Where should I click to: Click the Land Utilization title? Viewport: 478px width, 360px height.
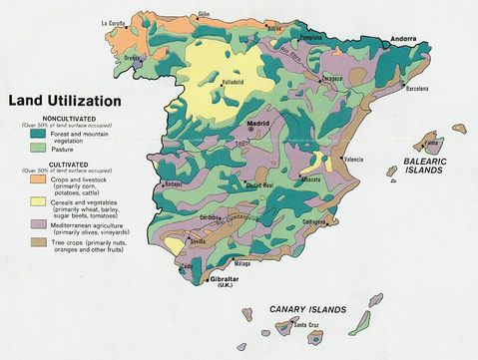tap(65, 100)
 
